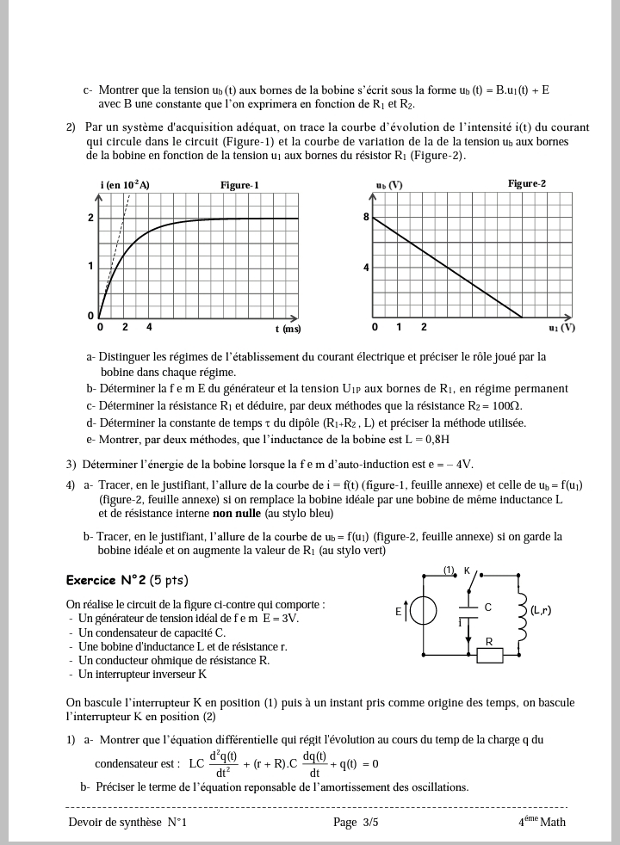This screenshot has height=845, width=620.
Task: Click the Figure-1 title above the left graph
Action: [x=239, y=185]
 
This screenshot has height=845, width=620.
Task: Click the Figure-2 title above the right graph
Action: [x=526, y=184]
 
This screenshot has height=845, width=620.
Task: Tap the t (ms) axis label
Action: [x=288, y=329]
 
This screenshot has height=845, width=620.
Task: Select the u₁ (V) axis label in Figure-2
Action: [x=561, y=328]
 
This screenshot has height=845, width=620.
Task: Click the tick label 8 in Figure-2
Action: [x=366, y=218]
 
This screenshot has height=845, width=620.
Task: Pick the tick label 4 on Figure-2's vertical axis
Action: [x=366, y=268]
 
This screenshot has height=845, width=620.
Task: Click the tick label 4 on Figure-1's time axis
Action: [x=149, y=328]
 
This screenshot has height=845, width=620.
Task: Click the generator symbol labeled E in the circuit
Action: [x=423, y=612]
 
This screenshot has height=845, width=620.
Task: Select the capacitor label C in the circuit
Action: [x=487, y=608]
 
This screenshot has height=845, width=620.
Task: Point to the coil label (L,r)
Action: [x=541, y=611]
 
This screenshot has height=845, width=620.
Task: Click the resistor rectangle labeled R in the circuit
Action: [x=489, y=657]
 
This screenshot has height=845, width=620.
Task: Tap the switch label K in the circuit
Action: [x=467, y=571]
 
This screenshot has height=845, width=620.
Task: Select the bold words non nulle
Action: [x=237, y=514]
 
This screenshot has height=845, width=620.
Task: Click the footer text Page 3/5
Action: [x=356, y=823]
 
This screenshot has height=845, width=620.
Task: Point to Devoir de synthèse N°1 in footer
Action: [x=127, y=823]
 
